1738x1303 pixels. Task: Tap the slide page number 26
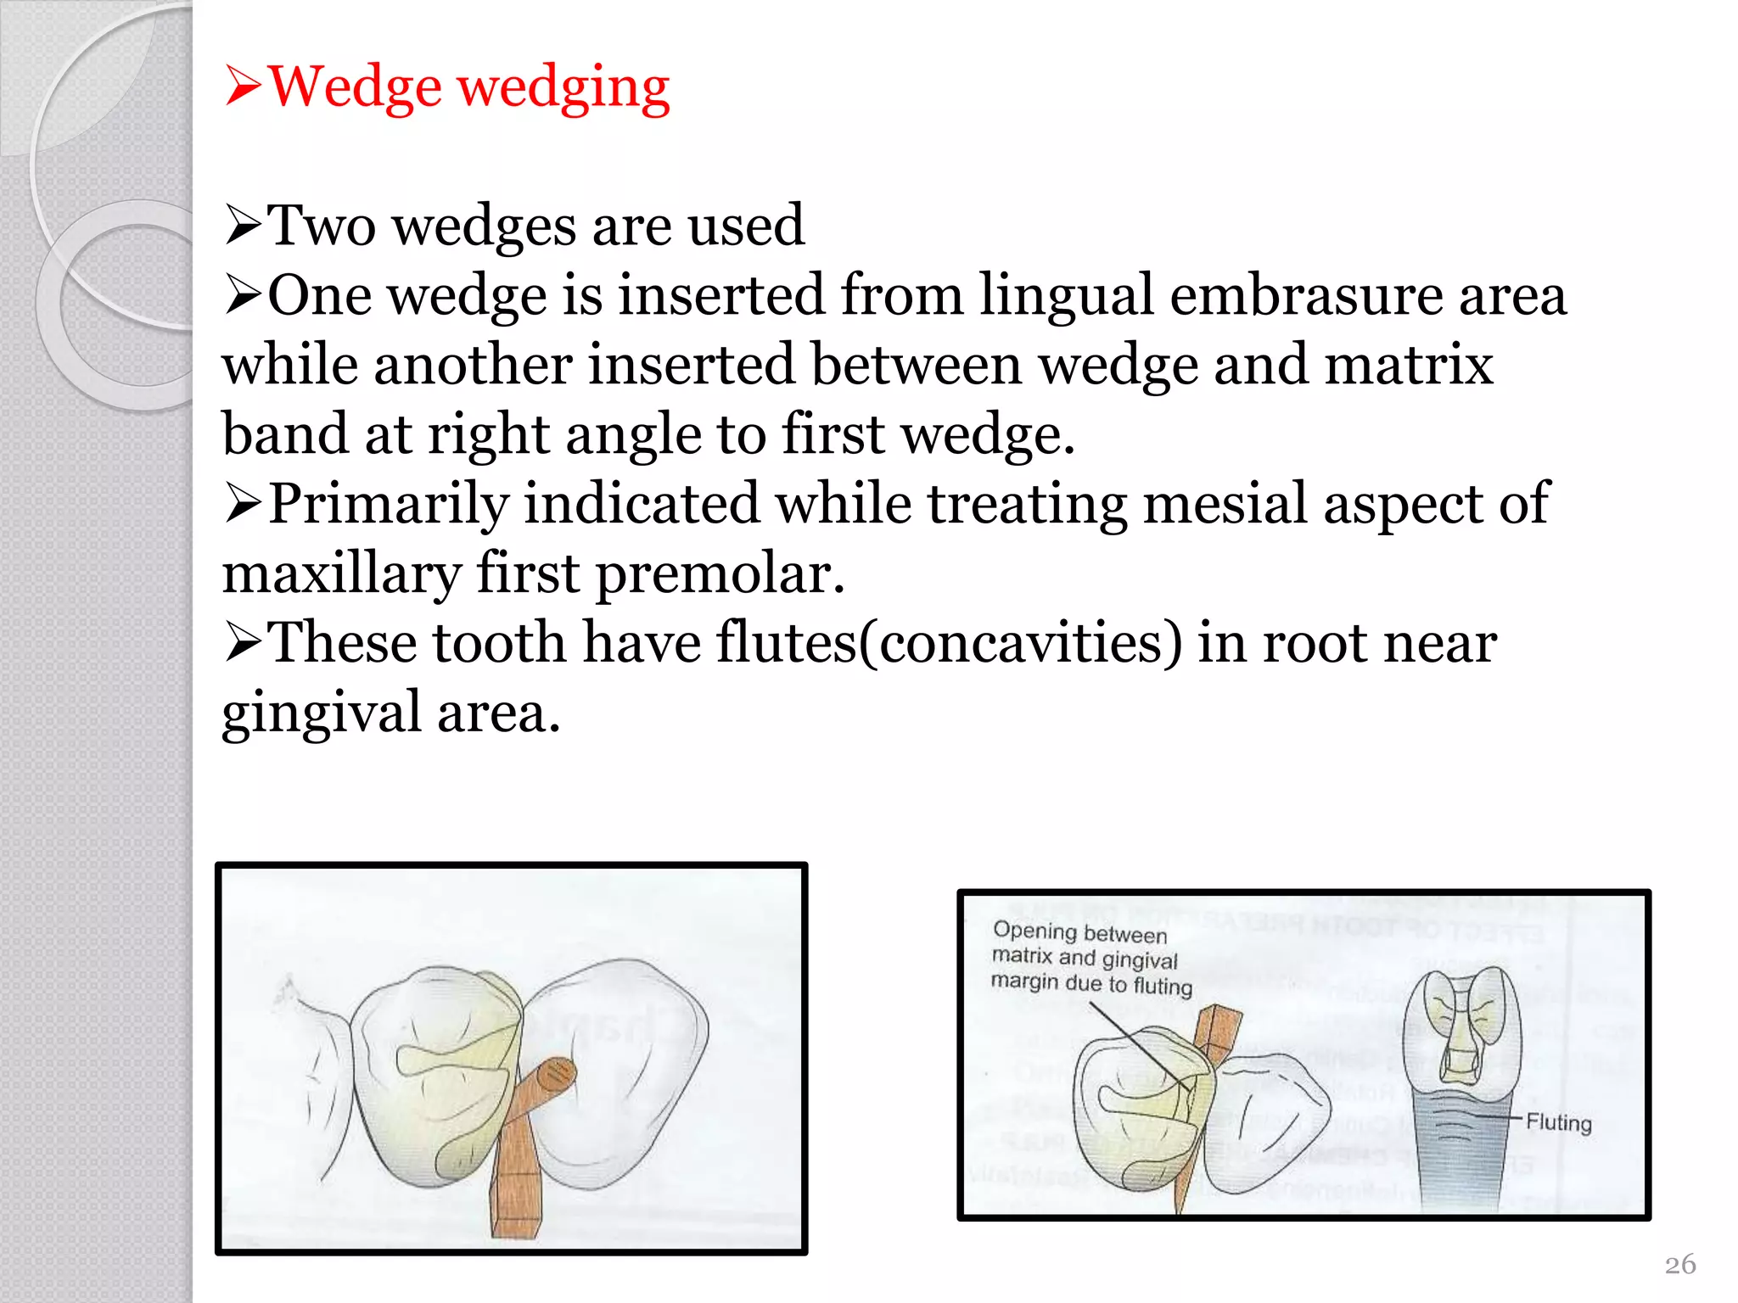1680,1264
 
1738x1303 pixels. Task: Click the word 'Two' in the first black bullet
322,226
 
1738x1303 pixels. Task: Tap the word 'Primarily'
387,504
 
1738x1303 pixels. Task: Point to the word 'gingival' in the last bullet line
322,713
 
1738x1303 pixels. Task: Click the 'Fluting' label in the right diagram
1558,1122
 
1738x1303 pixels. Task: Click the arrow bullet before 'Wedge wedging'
244,87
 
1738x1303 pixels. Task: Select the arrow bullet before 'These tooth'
244,643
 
